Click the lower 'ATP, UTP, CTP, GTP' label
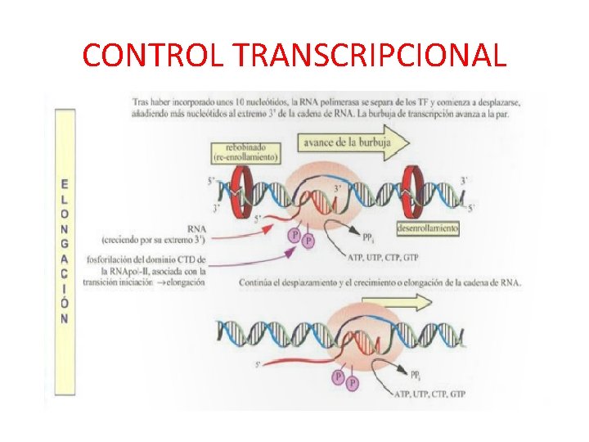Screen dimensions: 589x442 coord(430,394)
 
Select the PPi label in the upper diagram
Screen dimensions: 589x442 coord(370,237)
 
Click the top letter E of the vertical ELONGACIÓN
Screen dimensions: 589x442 coord(64,185)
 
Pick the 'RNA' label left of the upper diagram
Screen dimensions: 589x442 coord(197,229)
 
